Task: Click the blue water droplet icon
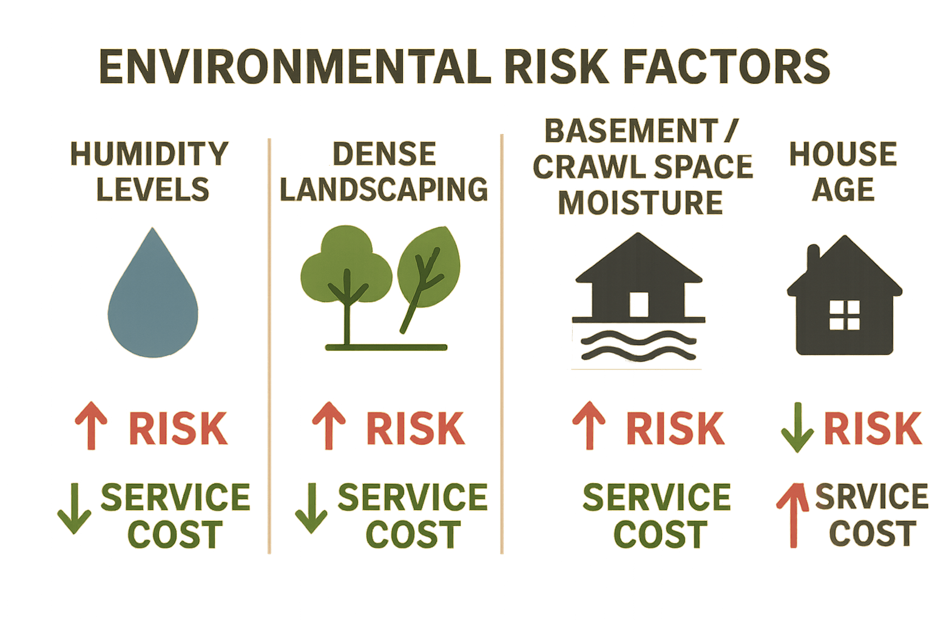click(153, 297)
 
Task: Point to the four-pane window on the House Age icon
click(844, 315)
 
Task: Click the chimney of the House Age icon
click(813, 258)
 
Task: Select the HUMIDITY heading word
click(149, 154)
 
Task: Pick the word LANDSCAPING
click(383, 189)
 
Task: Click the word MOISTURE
click(641, 203)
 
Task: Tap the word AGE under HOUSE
click(843, 190)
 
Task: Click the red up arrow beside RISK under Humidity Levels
click(91, 426)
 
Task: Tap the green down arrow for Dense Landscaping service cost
click(311, 508)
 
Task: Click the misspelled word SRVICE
click(871, 497)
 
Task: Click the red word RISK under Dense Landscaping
click(415, 428)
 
